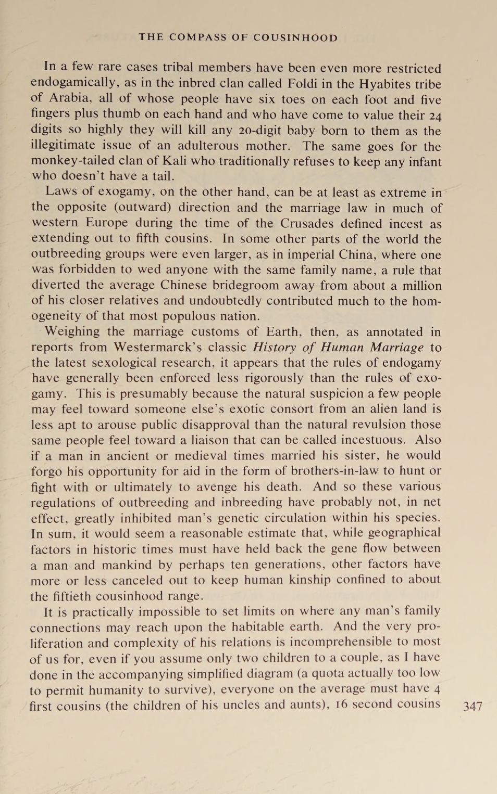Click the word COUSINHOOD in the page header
click(295, 37)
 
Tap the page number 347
click(473, 706)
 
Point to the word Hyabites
click(387, 84)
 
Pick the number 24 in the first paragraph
click(433, 116)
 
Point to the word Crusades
click(307, 223)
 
